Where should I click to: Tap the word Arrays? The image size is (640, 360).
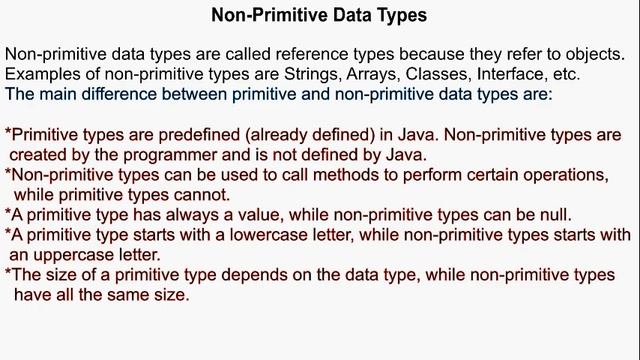tap(390, 75)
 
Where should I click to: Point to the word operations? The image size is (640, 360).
tap(566, 174)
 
